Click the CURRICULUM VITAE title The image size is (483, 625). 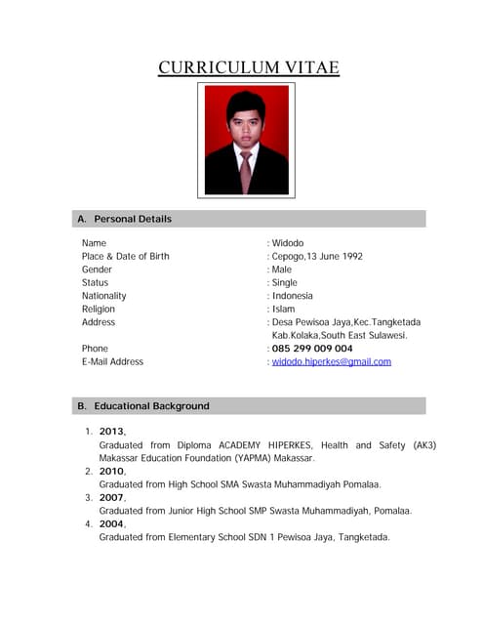click(249, 67)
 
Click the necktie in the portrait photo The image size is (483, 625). click(245, 168)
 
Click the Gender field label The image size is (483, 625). click(97, 270)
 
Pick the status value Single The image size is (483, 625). click(285, 282)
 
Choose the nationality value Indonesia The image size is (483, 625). click(293, 296)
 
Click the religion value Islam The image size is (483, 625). click(283, 309)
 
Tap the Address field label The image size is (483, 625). click(99, 322)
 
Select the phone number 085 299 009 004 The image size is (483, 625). click(312, 349)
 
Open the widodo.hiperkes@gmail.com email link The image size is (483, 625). click(331, 361)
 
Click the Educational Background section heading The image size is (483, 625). click(151, 405)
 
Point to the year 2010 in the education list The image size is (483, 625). click(111, 471)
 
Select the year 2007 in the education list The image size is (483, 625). click(111, 497)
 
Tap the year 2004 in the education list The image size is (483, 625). click(111, 523)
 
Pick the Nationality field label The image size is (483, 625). click(103, 296)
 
